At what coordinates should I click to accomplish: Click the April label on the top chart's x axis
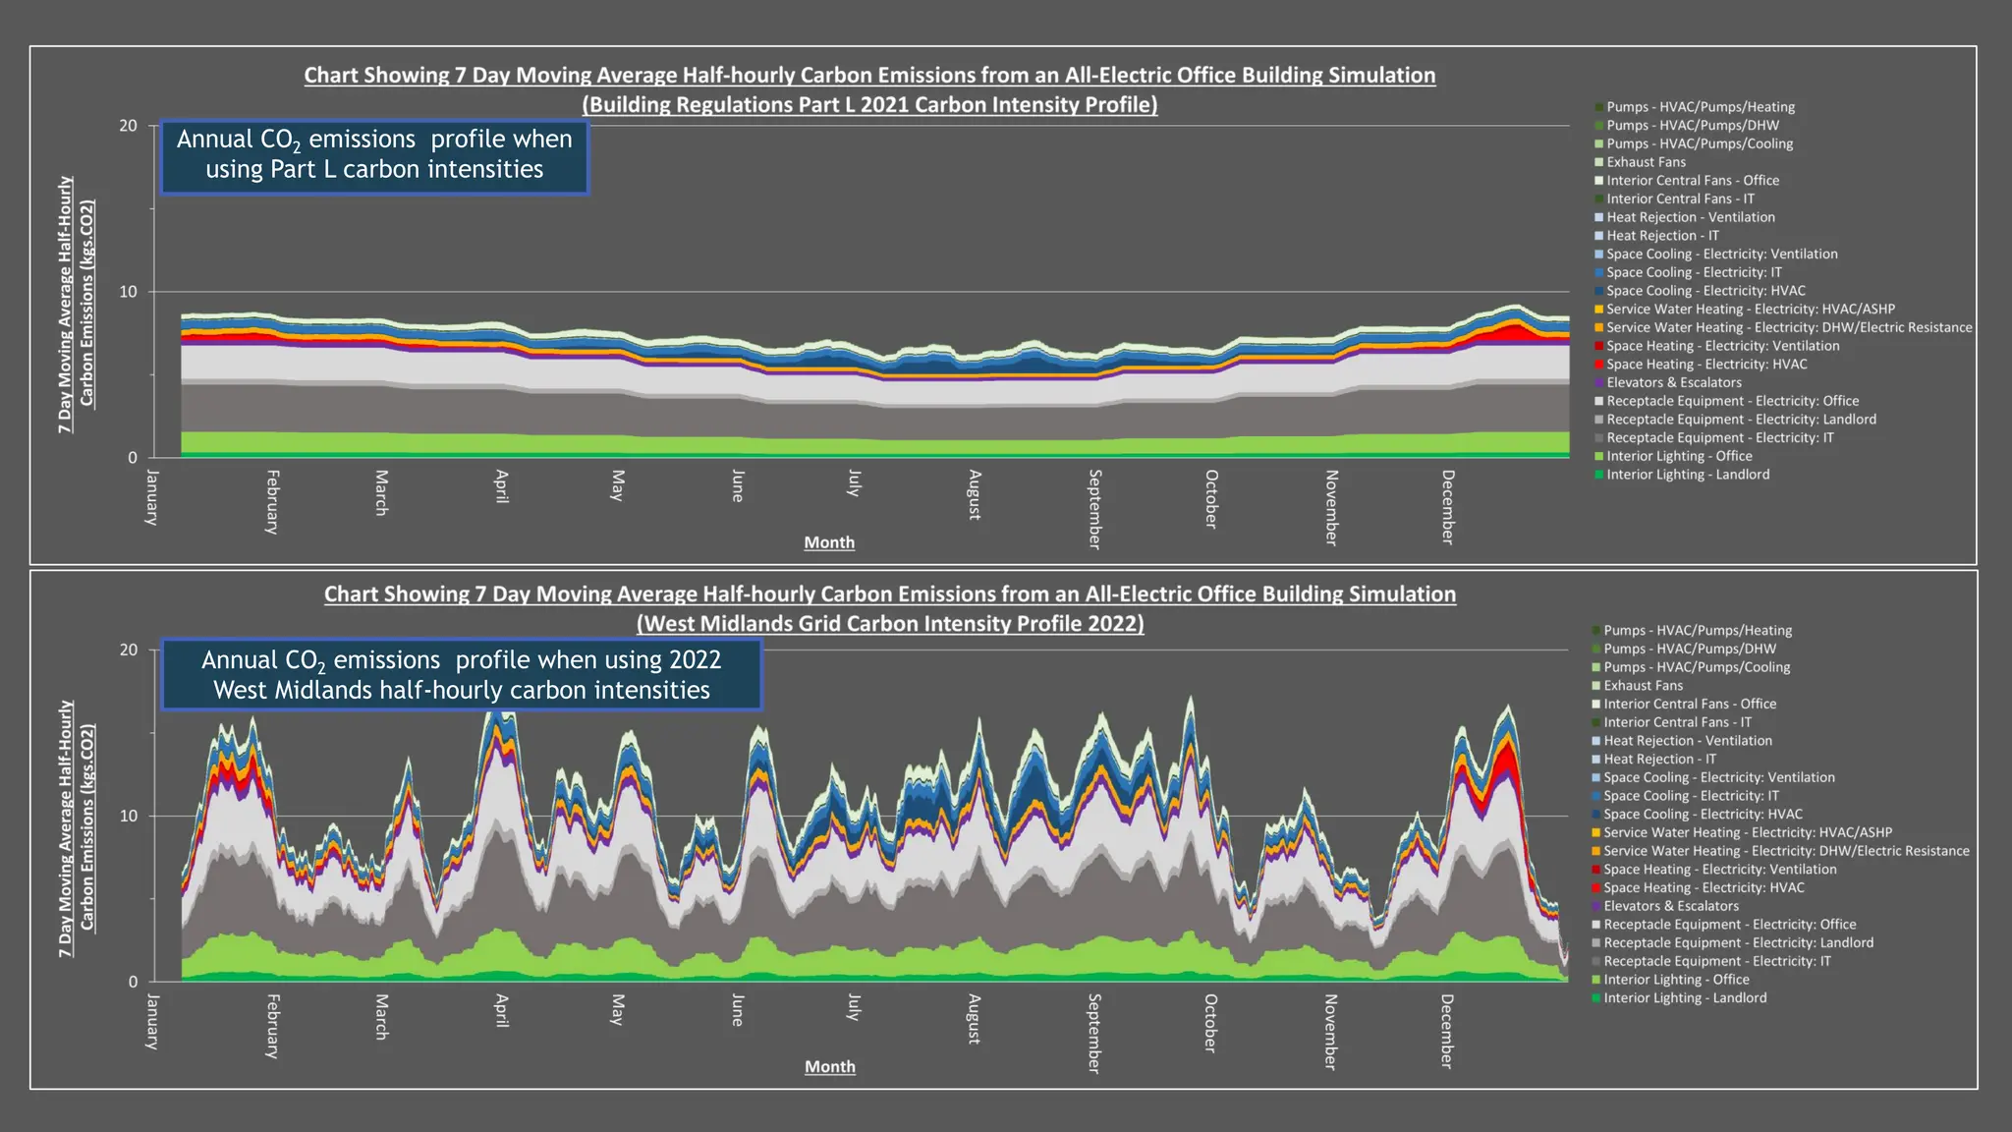click(x=502, y=486)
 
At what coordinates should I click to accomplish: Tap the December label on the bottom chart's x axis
click(x=1447, y=1031)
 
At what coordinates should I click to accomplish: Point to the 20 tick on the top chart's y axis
click(x=129, y=126)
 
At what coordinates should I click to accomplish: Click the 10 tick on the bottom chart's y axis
click(x=129, y=816)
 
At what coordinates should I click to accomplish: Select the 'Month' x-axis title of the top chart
click(x=829, y=542)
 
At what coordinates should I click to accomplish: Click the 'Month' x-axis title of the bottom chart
click(x=830, y=1066)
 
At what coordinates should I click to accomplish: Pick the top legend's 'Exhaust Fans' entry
click(x=1646, y=162)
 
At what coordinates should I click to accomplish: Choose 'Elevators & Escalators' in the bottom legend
click(x=1670, y=906)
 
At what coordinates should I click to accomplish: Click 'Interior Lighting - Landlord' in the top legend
click(x=1688, y=475)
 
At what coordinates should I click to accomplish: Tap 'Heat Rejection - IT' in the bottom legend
click(x=1659, y=759)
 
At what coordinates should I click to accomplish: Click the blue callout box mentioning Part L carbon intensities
click(x=374, y=155)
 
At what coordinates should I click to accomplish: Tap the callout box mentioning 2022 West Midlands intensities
click(x=462, y=675)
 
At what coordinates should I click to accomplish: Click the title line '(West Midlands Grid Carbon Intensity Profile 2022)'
click(x=890, y=623)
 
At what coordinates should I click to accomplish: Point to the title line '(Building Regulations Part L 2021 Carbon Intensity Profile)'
click(x=869, y=104)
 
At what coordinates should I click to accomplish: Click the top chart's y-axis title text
click(x=76, y=305)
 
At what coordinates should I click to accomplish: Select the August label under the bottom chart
click(x=975, y=1019)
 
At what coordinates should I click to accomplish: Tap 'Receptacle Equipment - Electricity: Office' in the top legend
click(x=1732, y=401)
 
